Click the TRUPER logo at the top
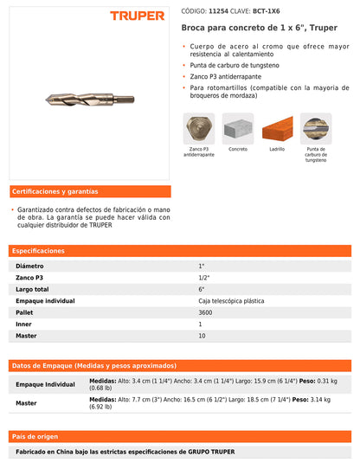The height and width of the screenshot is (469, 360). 138,16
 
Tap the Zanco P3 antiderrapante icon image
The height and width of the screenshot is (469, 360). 199,129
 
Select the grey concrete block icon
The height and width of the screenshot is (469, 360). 237,129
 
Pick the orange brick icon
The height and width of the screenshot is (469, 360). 277,129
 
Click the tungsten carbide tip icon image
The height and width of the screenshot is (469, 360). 316,129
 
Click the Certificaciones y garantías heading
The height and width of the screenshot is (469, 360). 55,191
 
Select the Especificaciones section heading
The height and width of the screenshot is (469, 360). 39,250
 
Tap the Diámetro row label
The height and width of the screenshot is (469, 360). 30,265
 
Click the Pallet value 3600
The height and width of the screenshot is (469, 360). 205,312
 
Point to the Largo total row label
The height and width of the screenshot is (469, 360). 34,288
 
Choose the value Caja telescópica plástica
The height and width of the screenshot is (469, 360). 231,300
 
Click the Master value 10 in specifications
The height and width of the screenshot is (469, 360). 202,335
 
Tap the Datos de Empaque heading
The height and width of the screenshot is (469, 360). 93,365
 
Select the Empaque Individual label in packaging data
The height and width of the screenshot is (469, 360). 47,384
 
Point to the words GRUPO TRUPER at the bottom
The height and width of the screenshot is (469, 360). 211,452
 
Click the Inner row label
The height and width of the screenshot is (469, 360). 24,324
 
